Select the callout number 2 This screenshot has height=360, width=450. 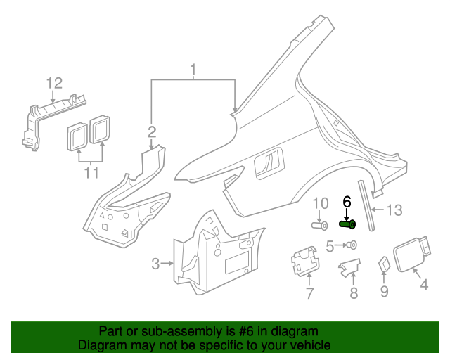click(x=151, y=131)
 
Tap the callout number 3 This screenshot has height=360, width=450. click(x=155, y=264)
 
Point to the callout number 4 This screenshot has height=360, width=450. click(x=424, y=285)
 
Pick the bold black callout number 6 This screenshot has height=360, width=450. click(x=346, y=201)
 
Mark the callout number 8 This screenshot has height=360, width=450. click(x=354, y=293)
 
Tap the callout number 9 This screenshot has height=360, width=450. click(x=384, y=290)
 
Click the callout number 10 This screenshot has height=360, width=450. click(x=320, y=203)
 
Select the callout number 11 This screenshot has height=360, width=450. click(x=90, y=172)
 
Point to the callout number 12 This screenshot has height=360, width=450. click(x=55, y=84)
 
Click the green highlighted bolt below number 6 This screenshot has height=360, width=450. click(x=347, y=224)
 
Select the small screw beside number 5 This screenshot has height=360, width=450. click(x=352, y=245)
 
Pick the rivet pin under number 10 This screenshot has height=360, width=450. click(x=321, y=225)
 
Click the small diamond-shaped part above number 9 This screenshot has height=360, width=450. click(x=385, y=264)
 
